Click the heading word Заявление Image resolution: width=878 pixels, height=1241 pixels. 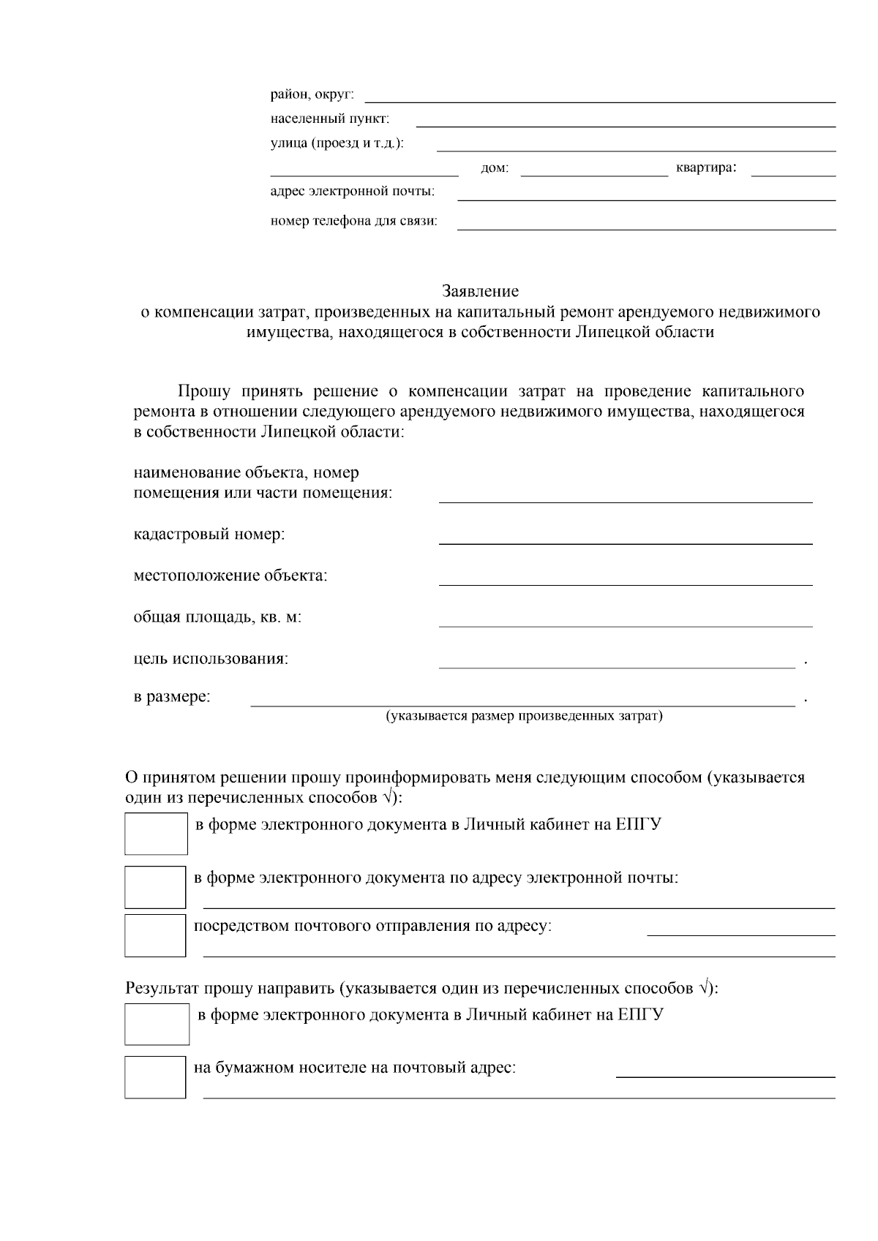pos(480,291)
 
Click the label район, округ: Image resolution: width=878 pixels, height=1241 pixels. pos(312,94)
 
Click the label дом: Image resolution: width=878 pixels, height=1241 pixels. pos(495,169)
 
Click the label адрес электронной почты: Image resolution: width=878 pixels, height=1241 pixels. pos(352,192)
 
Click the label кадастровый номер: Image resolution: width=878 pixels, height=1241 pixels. pos(209,535)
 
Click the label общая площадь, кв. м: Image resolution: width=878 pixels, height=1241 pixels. pos(217,617)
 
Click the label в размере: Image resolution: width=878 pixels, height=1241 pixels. pos(172,697)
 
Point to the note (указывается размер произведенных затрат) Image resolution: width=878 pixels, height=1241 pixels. pos(524,716)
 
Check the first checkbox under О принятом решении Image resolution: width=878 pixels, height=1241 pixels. pos(156,834)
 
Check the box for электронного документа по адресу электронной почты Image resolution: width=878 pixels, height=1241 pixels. pos(155,886)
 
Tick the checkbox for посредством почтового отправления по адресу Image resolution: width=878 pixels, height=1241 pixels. pos(155,935)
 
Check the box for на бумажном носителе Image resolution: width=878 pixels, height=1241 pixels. pos(155,1076)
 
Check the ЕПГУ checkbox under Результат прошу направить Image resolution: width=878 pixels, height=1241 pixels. pos(157,1024)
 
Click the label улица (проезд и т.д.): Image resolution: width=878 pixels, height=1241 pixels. pos(337,143)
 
